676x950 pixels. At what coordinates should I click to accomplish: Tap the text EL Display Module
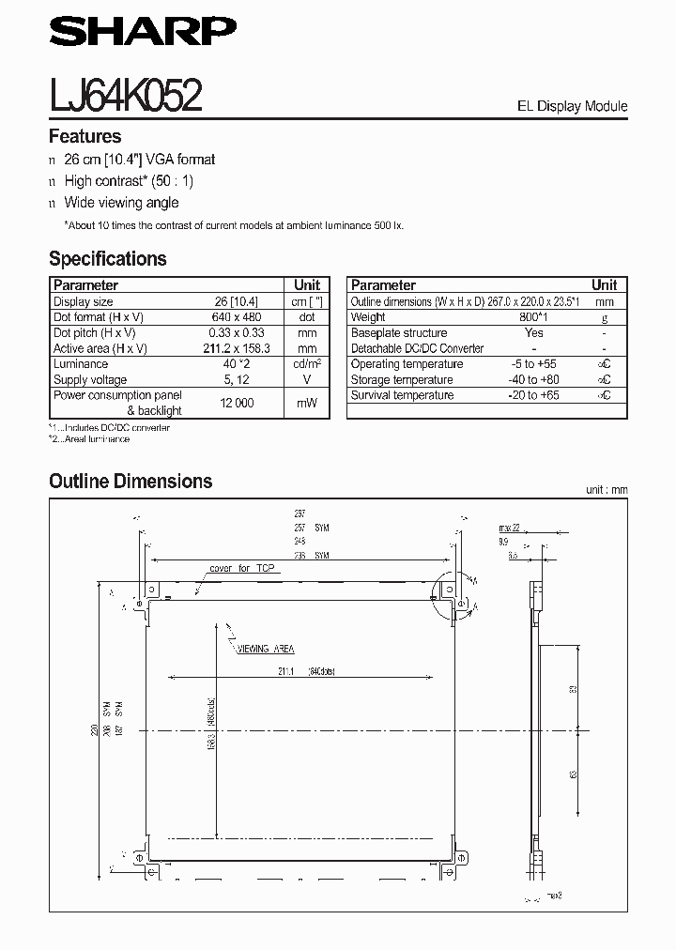pyautogui.click(x=572, y=106)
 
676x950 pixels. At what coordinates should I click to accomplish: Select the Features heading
pyautogui.click(x=84, y=136)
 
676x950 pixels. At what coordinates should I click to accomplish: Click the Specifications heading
pyautogui.click(x=107, y=258)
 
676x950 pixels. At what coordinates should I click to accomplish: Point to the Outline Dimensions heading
pyautogui.click(x=131, y=482)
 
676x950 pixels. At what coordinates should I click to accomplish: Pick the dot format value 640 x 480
pyautogui.click(x=235, y=317)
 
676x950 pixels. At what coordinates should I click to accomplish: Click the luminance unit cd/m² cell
pyautogui.click(x=306, y=364)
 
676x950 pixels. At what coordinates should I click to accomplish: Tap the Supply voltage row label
pyautogui.click(x=90, y=379)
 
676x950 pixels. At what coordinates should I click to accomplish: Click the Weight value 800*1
pyautogui.click(x=533, y=317)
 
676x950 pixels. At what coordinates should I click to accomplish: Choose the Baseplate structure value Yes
pyautogui.click(x=533, y=333)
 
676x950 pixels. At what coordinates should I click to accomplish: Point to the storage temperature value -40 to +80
pyautogui.click(x=533, y=379)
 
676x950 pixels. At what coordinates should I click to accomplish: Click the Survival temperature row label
pyautogui.click(x=402, y=395)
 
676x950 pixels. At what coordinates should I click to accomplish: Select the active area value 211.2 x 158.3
pyautogui.click(x=235, y=348)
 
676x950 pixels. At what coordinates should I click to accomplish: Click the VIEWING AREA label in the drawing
pyautogui.click(x=266, y=649)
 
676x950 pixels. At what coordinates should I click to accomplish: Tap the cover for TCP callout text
pyautogui.click(x=242, y=569)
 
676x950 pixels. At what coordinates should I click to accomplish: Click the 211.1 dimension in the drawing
pyautogui.click(x=286, y=670)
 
